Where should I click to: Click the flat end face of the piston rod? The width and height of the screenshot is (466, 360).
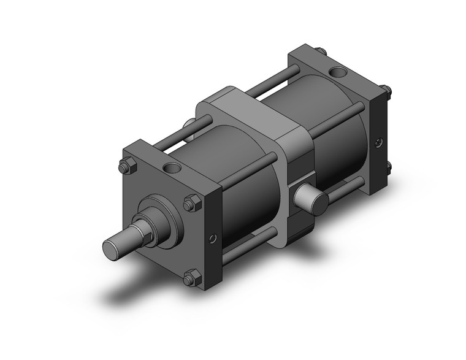pos(112,247)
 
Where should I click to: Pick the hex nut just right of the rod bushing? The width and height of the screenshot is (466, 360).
pos(191,202)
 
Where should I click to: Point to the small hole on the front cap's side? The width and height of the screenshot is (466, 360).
pos(213,239)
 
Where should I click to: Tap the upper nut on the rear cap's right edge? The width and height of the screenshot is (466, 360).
pos(387,92)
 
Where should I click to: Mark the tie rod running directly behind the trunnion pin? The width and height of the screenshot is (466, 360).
pos(343,188)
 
